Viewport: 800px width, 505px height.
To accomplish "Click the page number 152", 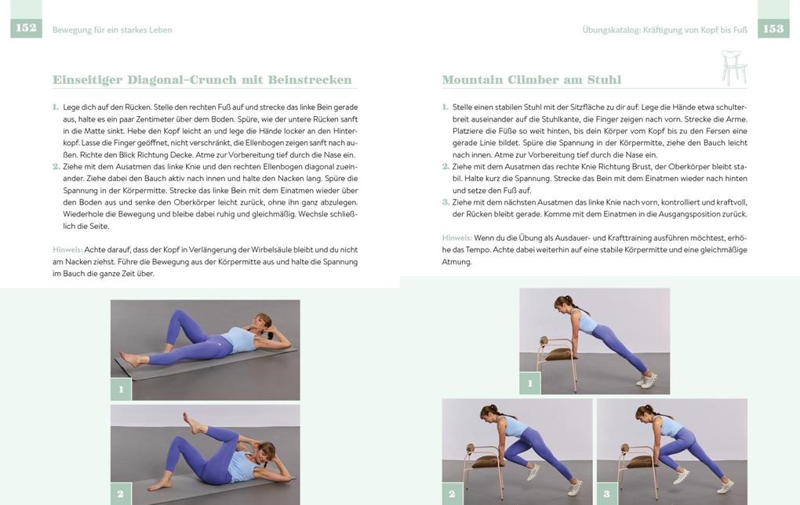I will [26, 28].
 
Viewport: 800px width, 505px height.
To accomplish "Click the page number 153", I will [773, 29].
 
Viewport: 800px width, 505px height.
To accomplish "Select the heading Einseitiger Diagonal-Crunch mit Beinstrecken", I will [202, 80].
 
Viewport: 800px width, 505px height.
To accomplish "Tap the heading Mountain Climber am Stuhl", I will [531, 80].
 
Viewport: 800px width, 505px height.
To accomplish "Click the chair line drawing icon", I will [733, 68].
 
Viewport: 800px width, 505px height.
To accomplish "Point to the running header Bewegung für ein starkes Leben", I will [112, 30].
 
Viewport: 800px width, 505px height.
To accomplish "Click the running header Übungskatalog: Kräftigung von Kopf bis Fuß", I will [664, 30].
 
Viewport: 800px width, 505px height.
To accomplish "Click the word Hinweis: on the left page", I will [67, 249].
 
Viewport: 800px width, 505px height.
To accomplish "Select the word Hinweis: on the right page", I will [456, 238].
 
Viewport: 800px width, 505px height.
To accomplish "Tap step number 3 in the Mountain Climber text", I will [445, 202].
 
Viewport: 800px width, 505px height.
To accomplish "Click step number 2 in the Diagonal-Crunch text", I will [56, 166].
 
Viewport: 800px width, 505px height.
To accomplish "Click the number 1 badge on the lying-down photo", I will [121, 389].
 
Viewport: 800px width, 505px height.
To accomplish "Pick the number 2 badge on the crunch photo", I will [121, 494].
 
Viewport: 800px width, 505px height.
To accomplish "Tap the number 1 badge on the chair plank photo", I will [529, 383].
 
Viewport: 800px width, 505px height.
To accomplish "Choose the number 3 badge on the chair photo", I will [607, 494].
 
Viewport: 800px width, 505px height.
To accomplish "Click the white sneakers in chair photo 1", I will [648, 380].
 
